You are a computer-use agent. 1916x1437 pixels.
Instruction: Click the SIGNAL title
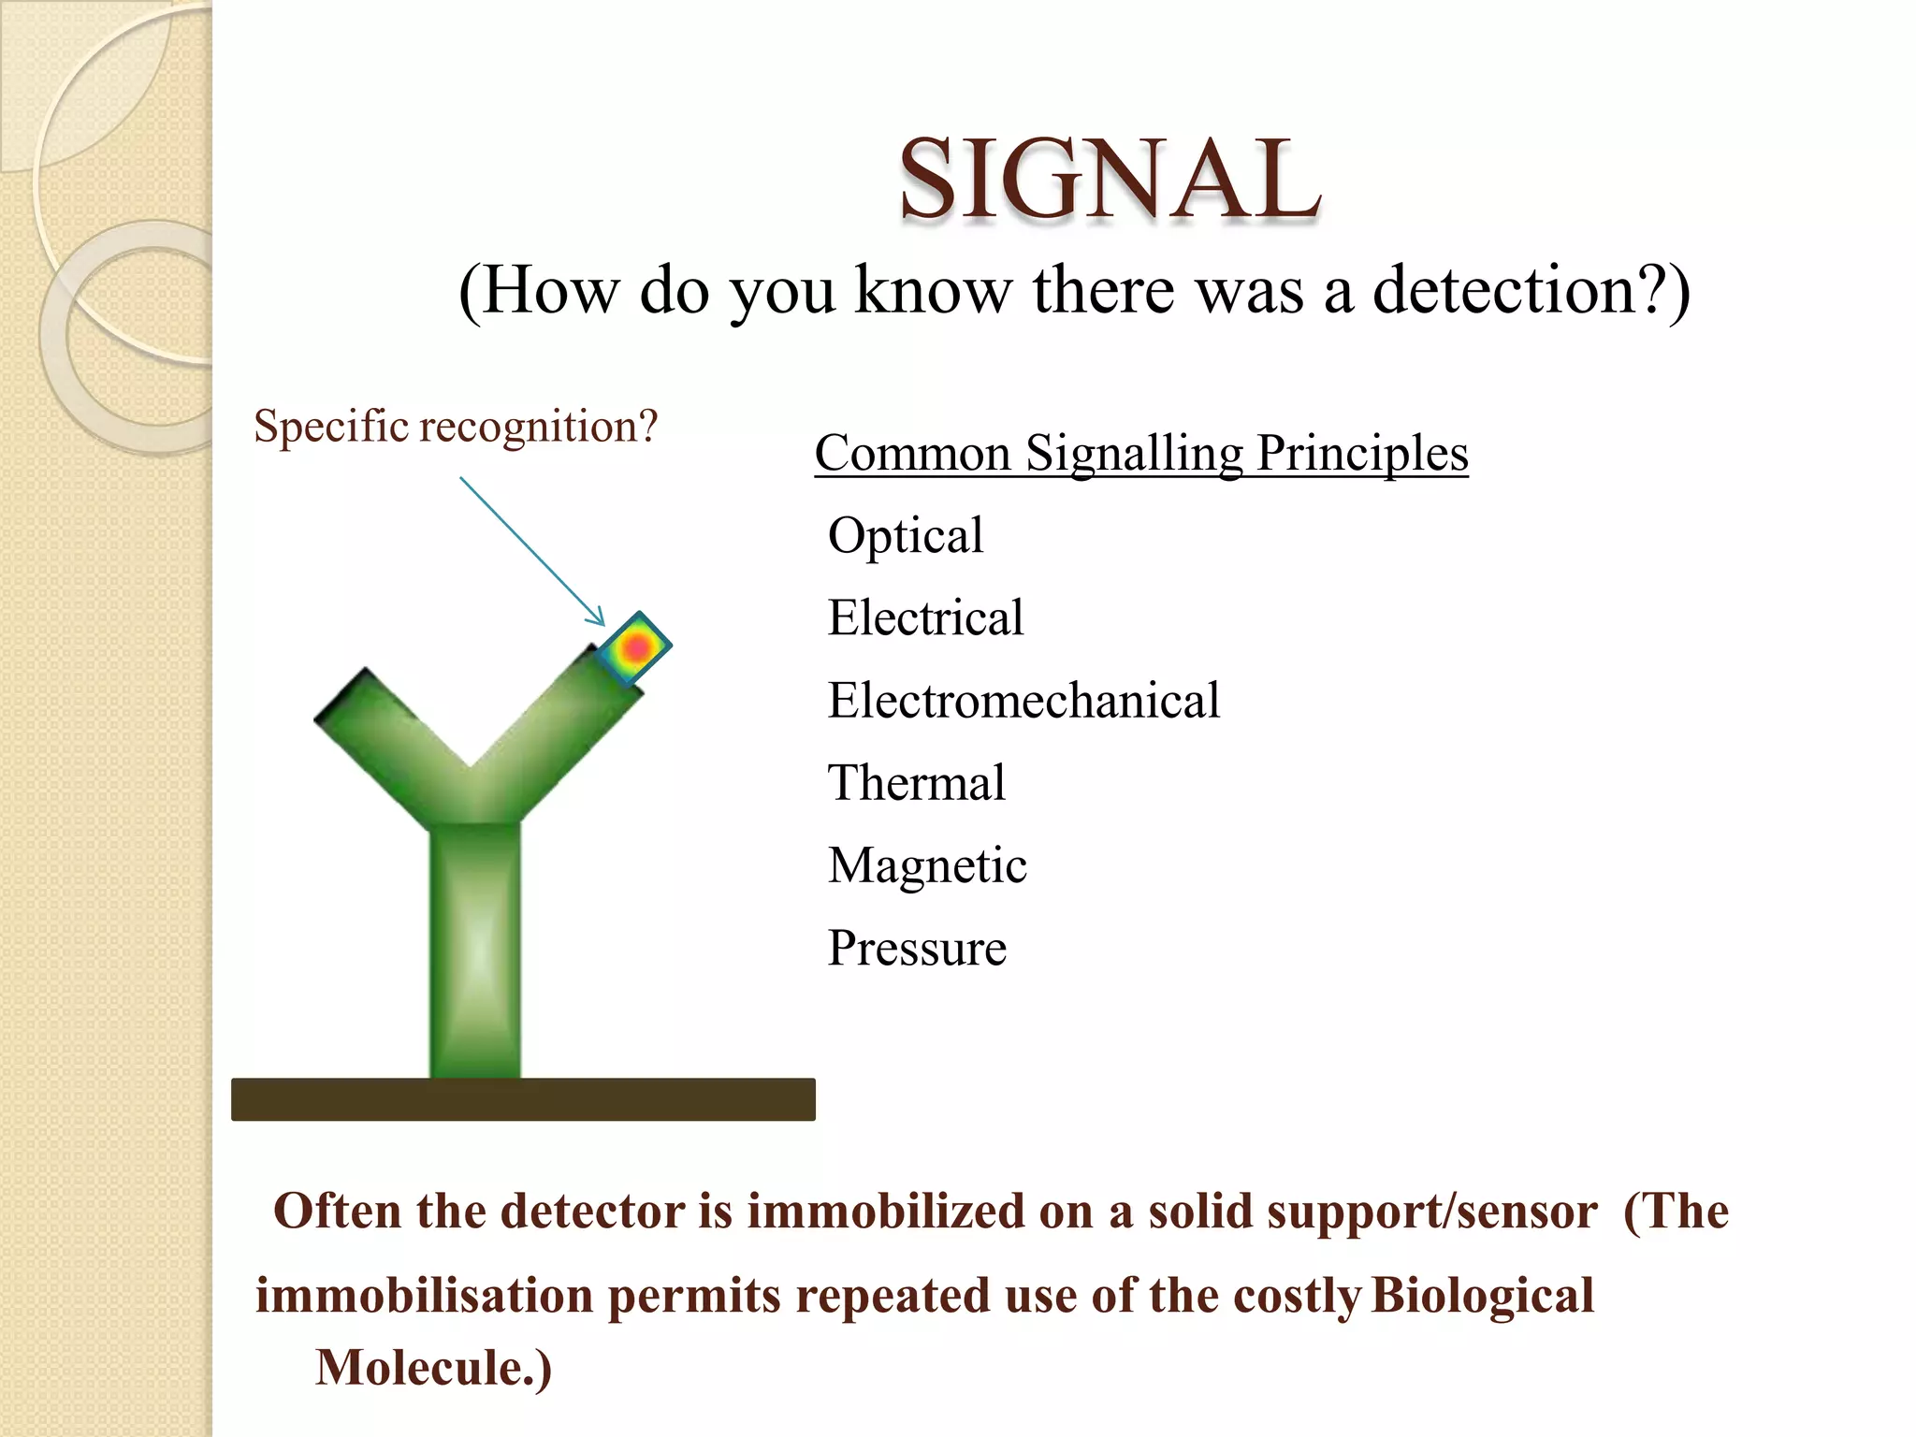[x=1110, y=180]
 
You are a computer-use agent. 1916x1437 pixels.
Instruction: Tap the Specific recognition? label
[x=456, y=427]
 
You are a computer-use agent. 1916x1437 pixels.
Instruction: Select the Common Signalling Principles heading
[x=1140, y=455]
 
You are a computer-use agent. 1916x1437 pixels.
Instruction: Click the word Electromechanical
[x=1023, y=702]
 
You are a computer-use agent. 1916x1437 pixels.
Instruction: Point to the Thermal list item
[x=916, y=784]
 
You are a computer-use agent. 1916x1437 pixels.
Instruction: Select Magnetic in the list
[x=927, y=866]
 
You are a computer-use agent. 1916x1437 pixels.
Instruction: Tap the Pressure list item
[x=917, y=949]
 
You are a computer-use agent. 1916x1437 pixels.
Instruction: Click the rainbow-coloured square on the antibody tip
[x=635, y=646]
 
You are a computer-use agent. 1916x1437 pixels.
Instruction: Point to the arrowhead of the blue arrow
[x=599, y=619]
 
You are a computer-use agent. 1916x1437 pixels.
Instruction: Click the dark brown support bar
[x=523, y=1099]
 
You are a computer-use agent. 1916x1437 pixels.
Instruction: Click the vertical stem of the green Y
[x=475, y=950]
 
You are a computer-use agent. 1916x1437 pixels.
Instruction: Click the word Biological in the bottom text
[x=1483, y=1297]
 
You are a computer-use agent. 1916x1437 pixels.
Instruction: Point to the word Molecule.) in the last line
[x=433, y=1369]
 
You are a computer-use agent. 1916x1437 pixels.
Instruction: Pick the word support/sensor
[x=1431, y=1212]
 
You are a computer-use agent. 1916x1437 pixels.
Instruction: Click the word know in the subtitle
[x=934, y=292]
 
